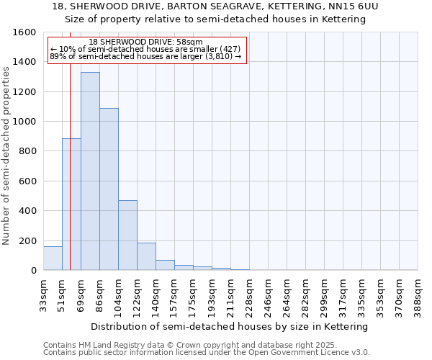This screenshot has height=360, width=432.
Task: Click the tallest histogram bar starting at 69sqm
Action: [x=90, y=171]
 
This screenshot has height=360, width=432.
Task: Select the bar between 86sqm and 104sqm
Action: [x=109, y=189]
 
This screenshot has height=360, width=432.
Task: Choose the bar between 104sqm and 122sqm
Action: [x=127, y=235]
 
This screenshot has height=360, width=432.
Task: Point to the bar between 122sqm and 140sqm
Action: [x=146, y=257]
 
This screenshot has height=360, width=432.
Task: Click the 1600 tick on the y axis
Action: [x=26, y=32]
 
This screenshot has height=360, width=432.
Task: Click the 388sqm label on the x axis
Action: [x=418, y=296]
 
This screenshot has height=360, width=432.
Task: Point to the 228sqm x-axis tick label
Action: [x=250, y=296]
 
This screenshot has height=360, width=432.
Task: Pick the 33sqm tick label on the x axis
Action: [x=44, y=296]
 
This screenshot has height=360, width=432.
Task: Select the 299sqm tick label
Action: [x=325, y=296]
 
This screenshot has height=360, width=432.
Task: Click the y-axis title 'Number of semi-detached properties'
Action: [x=6, y=152]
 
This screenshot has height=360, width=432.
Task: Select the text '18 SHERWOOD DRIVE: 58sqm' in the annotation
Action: [x=146, y=42]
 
